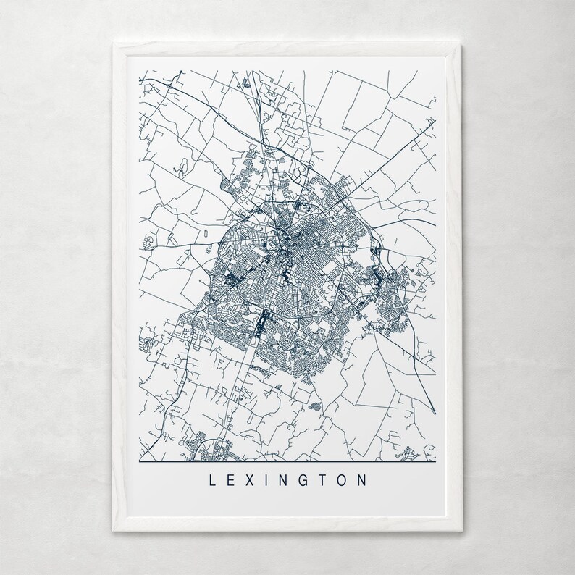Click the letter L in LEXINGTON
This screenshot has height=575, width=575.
[212, 479]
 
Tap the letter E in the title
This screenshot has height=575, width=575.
[231, 479]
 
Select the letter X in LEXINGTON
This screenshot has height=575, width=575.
[250, 479]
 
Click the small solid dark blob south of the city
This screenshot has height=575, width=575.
[315, 407]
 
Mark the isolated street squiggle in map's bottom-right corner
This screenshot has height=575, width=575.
[410, 452]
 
